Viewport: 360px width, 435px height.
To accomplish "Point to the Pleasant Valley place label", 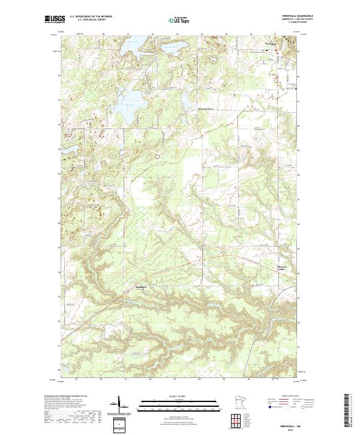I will coord(282,268).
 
